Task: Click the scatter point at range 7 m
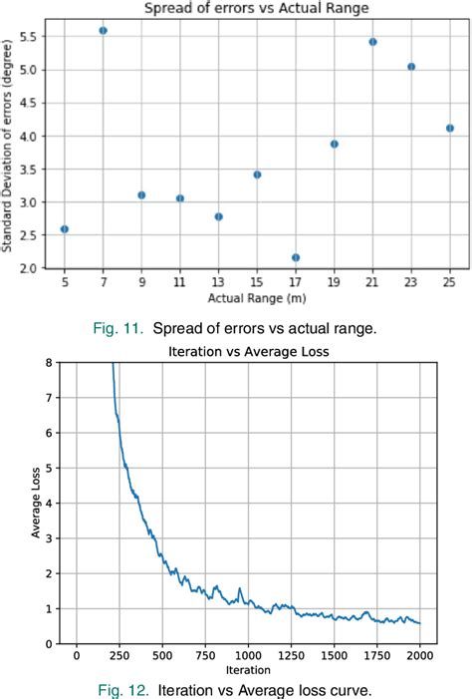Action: click(x=103, y=31)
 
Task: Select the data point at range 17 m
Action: click(x=296, y=257)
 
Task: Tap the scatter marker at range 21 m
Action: click(x=372, y=42)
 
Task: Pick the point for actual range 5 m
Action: click(x=64, y=229)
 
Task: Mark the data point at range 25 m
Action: click(x=450, y=128)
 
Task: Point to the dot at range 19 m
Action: click(x=335, y=144)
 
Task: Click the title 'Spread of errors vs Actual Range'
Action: click(x=257, y=8)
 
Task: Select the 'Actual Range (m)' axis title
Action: click(x=256, y=298)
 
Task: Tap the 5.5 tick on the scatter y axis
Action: click(x=31, y=36)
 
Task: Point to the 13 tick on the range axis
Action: click(x=218, y=283)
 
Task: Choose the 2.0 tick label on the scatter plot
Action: click(x=31, y=269)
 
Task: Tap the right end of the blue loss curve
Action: click(x=419, y=623)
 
